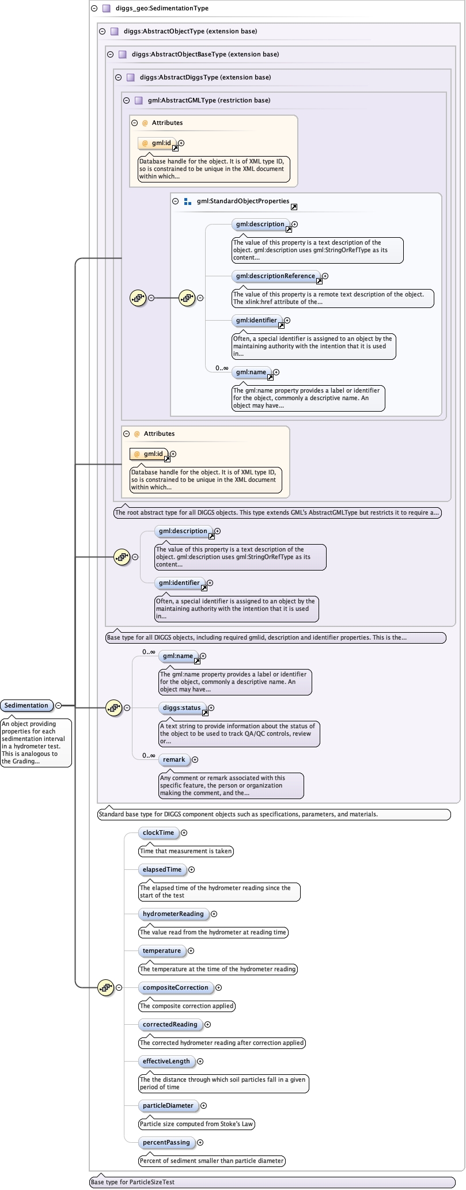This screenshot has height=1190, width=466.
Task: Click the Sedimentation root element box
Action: (x=26, y=705)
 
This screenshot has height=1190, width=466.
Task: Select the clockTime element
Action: (x=158, y=832)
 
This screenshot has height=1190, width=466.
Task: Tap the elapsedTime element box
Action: (x=162, y=869)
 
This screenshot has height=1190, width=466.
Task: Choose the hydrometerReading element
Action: (x=173, y=914)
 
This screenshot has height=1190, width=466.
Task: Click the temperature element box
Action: (x=162, y=951)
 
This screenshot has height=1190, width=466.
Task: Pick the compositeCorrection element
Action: (x=176, y=987)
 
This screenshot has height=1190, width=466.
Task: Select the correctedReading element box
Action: (x=170, y=1024)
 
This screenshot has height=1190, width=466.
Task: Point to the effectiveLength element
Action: (x=166, y=1061)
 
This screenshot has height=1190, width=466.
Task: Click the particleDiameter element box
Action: (x=168, y=1105)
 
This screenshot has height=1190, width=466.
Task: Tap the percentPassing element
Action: (x=166, y=1142)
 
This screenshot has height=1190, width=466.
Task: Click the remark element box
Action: (x=174, y=759)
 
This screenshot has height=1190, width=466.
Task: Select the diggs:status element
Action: (x=181, y=708)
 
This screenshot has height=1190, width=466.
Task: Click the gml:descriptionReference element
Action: (x=275, y=276)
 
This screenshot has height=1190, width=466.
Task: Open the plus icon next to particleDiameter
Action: (x=203, y=1105)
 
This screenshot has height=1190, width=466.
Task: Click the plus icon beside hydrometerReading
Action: (x=214, y=914)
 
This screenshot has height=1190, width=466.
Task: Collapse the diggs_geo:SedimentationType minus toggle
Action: (x=94, y=9)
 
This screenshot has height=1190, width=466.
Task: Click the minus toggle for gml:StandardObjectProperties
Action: (x=176, y=201)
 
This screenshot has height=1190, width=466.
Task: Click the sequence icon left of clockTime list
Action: (x=105, y=987)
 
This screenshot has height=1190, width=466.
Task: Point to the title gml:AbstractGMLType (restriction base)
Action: (x=209, y=100)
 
